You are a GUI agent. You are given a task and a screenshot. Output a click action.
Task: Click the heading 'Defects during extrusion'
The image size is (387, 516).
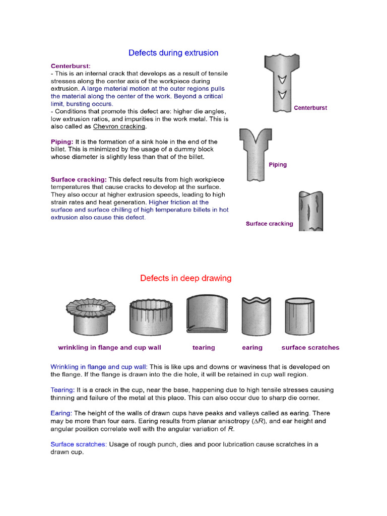click(x=173, y=53)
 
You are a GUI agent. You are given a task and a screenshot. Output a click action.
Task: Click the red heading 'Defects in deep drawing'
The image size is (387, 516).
click(x=185, y=278)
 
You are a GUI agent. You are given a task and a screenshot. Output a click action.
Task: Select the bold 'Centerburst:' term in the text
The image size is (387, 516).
click(x=71, y=66)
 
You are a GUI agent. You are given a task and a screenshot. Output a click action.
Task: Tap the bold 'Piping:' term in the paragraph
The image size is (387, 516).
click(x=62, y=142)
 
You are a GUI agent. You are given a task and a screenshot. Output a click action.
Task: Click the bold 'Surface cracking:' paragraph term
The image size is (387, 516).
click(x=79, y=179)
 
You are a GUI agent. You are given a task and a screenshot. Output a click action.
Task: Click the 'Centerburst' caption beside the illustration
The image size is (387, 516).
click(x=310, y=108)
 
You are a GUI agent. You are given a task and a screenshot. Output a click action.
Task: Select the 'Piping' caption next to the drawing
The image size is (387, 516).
click(x=277, y=165)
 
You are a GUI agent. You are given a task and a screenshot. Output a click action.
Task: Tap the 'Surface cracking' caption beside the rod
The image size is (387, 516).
click(x=269, y=224)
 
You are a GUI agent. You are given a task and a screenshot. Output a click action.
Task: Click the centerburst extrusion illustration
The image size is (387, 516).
click(x=279, y=83)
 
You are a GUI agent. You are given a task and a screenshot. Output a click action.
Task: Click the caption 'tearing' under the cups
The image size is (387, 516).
click(x=204, y=347)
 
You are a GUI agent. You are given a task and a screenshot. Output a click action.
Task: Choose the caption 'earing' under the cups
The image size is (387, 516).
click(x=252, y=347)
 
